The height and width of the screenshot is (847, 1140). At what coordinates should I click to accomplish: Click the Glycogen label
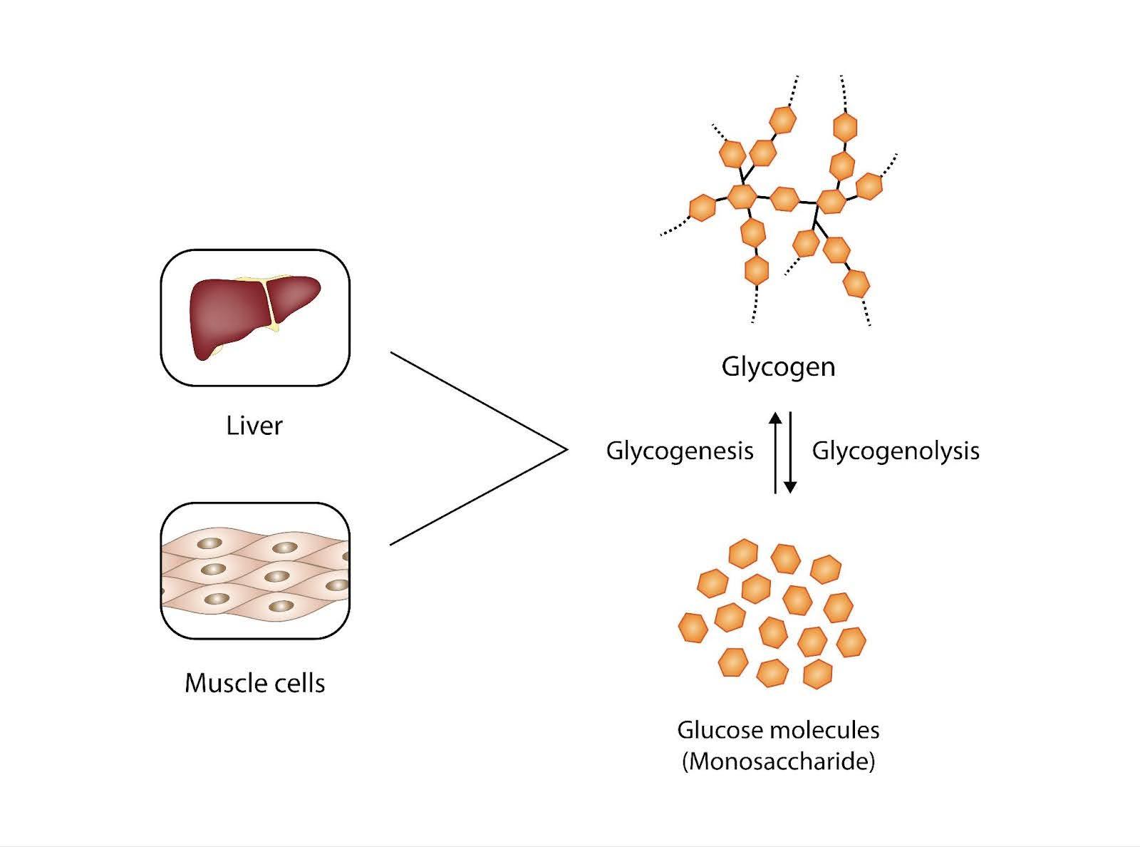[x=778, y=367]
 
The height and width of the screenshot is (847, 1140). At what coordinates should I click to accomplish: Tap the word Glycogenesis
[x=680, y=451]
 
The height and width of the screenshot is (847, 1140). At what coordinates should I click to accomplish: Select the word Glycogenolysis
[x=896, y=451]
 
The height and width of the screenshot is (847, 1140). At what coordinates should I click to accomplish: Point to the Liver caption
[x=254, y=426]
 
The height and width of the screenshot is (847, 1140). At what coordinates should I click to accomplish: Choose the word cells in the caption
[x=299, y=683]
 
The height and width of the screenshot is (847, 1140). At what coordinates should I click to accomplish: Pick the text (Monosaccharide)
[x=778, y=761]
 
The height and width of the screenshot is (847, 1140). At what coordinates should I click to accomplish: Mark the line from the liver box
[x=477, y=401]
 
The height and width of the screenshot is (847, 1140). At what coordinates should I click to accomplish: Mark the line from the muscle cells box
[x=477, y=498]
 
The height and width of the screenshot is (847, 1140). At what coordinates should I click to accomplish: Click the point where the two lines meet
[x=567, y=449]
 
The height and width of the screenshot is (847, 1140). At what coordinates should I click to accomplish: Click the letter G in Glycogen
[x=731, y=367]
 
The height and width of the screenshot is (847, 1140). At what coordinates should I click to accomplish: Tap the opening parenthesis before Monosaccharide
[x=685, y=761]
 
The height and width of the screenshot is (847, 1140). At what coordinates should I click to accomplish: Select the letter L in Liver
[x=232, y=426]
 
